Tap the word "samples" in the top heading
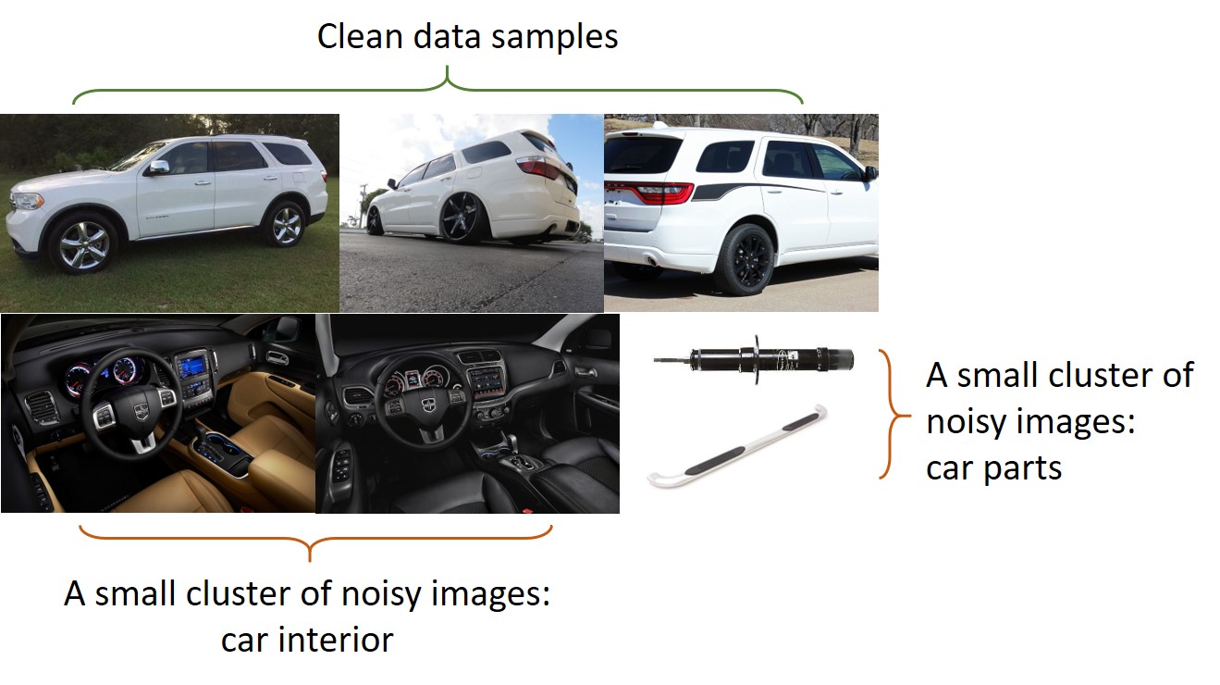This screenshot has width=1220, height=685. (x=554, y=38)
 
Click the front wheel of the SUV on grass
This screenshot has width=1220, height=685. (x=83, y=244)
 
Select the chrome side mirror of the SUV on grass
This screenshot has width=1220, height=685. (x=158, y=167)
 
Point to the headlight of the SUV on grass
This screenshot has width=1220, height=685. (x=27, y=201)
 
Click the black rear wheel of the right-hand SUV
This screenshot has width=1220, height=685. (x=745, y=260)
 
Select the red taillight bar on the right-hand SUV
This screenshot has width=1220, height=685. (x=648, y=193)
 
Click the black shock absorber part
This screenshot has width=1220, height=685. (x=755, y=359)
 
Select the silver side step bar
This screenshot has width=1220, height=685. (x=737, y=446)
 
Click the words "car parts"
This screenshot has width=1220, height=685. (x=994, y=468)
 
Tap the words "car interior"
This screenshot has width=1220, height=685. (x=307, y=640)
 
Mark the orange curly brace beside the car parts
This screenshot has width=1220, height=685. (x=893, y=414)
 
